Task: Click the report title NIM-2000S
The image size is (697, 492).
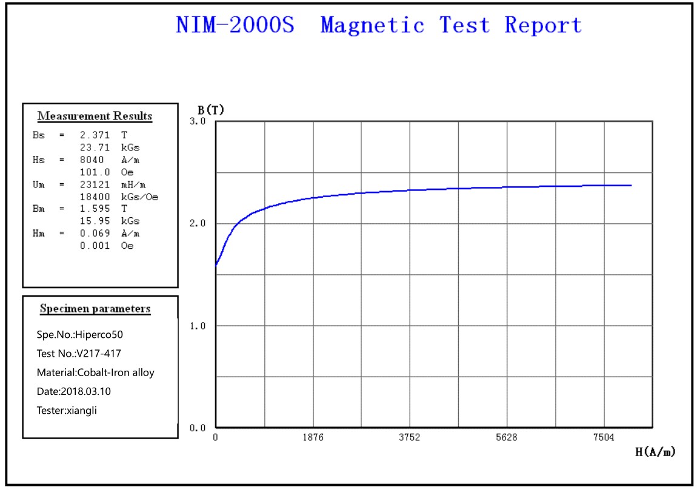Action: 235,25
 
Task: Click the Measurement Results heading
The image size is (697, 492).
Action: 95,116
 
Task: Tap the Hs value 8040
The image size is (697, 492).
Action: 92,160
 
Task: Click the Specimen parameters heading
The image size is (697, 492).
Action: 95,309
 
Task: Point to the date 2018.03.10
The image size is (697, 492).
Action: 85,391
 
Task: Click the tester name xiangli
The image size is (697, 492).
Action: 82,410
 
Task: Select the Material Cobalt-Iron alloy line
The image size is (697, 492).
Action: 96,372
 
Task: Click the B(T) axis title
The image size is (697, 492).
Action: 211,110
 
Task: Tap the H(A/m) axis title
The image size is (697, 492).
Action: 655,451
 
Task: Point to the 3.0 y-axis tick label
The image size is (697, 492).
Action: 199,121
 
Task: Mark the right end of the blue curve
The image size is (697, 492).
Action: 631,185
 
